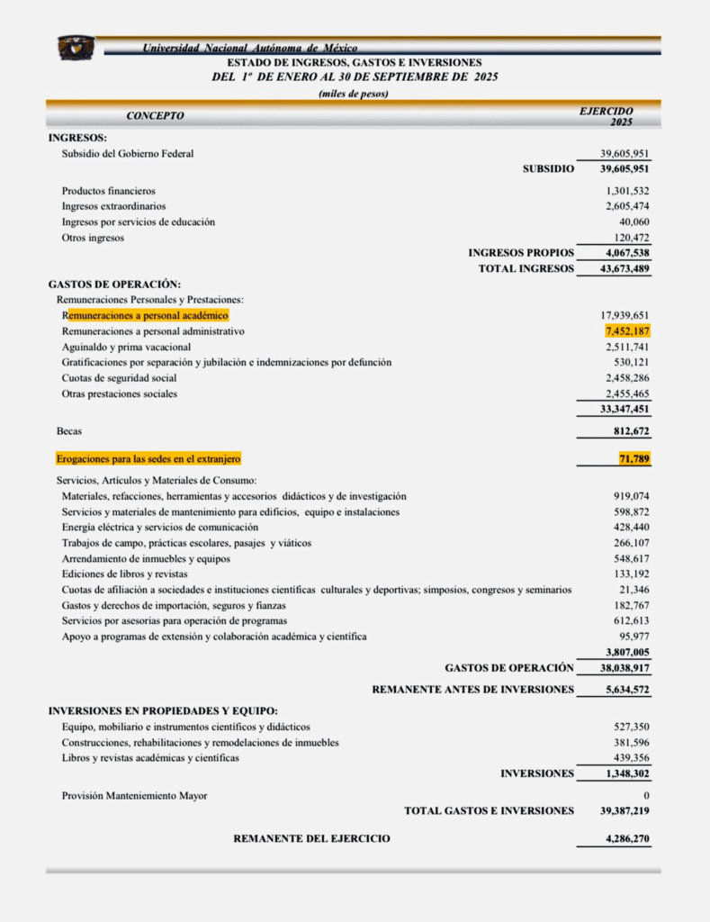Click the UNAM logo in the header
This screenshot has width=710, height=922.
coord(76,48)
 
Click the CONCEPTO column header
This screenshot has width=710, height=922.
coord(155,116)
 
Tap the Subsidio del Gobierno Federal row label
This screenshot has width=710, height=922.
coord(127,154)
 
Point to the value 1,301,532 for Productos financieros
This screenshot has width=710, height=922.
coord(627,191)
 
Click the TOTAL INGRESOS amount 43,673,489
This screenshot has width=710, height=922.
coord(625,268)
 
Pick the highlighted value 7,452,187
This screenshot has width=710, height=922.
coord(627,331)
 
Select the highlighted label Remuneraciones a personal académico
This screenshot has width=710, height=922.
coord(146,316)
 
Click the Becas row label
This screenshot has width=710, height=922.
coord(69,431)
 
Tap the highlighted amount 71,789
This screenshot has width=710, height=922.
coord(632,459)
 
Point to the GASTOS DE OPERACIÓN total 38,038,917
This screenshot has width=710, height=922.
coord(625,668)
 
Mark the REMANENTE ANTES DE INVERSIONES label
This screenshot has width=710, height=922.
coord(472,690)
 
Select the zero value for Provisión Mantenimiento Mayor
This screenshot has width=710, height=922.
coord(646,796)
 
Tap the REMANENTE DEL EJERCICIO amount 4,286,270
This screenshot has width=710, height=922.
coord(627,839)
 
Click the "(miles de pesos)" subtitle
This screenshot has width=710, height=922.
coord(354,95)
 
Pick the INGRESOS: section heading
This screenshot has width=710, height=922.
coord(77,138)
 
